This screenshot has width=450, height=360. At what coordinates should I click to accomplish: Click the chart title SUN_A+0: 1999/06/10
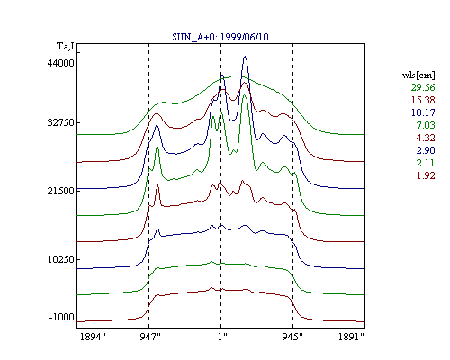220,37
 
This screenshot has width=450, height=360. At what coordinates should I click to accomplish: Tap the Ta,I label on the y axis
66,47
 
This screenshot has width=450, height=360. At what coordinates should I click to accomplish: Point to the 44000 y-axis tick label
60,63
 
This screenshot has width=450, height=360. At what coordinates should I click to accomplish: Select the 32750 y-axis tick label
60,122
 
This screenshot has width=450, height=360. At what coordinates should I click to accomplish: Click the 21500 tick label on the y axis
60,191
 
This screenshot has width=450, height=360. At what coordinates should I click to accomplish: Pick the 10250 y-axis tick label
60,259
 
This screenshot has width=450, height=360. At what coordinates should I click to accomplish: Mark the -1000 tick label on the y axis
61,317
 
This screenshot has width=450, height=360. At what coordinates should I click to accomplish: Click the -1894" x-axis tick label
91,337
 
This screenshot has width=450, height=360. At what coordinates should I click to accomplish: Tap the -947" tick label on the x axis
148,337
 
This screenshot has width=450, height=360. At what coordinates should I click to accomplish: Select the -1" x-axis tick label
220,337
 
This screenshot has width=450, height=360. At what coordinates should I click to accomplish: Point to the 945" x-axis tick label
292,337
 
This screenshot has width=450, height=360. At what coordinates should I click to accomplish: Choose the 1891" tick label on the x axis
351,337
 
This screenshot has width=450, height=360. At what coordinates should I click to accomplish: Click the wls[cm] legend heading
418,75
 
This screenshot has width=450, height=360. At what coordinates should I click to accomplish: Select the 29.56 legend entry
423,87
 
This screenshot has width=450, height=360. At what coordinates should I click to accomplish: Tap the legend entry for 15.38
423,100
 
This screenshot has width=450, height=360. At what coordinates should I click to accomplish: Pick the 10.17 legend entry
423,112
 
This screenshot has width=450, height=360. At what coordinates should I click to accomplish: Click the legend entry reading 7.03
426,125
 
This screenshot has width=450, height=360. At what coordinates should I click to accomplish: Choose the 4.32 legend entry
426,138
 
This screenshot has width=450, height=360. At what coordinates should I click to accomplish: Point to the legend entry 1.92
426,175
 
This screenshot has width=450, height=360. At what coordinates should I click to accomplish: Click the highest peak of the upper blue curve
245,56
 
